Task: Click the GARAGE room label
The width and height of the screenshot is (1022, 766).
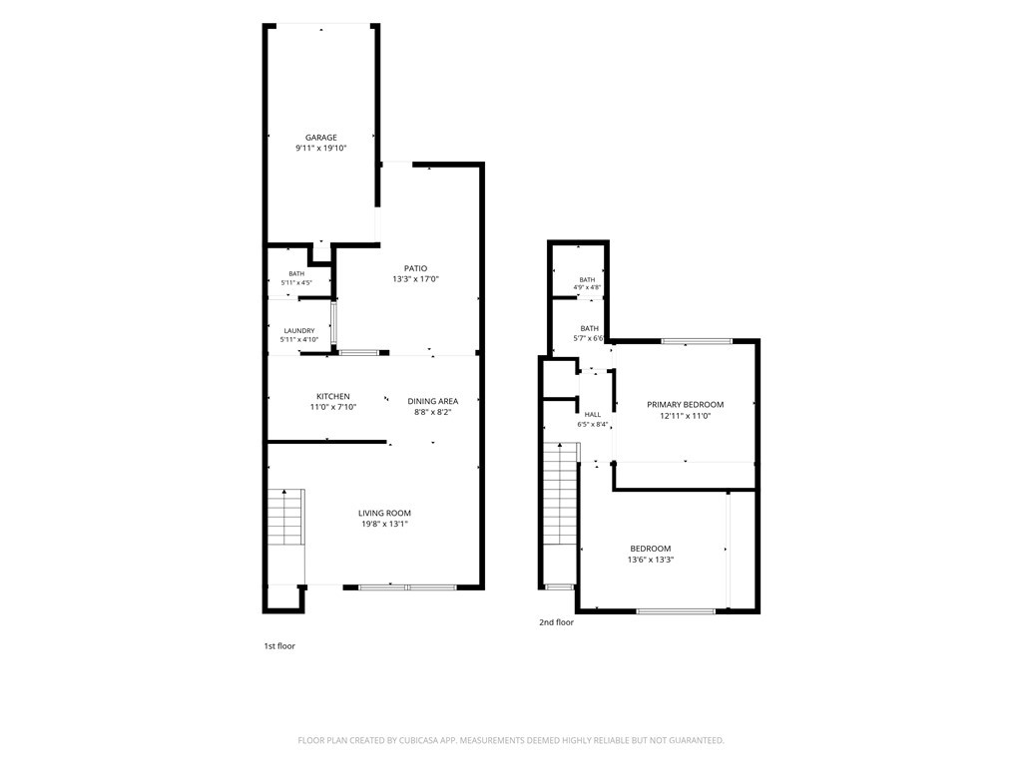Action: click(x=321, y=138)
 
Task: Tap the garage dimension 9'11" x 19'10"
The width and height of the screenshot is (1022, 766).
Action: click(x=321, y=148)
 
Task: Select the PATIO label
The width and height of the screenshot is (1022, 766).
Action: click(x=416, y=268)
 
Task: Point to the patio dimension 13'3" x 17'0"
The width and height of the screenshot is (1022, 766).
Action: click(x=416, y=279)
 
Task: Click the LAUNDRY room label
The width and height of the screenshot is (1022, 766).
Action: click(x=299, y=331)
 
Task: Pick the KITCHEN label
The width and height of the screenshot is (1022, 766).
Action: click(x=333, y=396)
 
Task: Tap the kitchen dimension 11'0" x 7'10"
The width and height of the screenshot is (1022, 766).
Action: click(x=333, y=407)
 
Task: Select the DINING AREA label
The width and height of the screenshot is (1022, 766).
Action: click(x=433, y=401)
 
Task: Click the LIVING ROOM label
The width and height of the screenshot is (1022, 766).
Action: click(x=384, y=514)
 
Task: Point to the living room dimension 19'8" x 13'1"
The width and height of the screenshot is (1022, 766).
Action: click(x=384, y=524)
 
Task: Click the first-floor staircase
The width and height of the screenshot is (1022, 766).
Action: click(x=286, y=517)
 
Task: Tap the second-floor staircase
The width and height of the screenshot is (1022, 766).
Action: click(x=561, y=493)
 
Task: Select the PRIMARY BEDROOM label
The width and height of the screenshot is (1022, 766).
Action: click(x=685, y=405)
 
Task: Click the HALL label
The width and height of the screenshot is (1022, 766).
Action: click(x=593, y=414)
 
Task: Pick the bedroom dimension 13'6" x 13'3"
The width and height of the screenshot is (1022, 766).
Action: click(x=651, y=560)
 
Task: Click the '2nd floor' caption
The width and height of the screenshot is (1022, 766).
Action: click(x=556, y=622)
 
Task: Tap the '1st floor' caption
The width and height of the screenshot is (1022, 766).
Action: click(x=279, y=646)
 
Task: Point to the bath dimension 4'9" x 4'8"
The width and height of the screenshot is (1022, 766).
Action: click(x=587, y=287)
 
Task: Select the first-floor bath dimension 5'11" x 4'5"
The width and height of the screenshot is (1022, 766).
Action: click(x=296, y=282)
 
